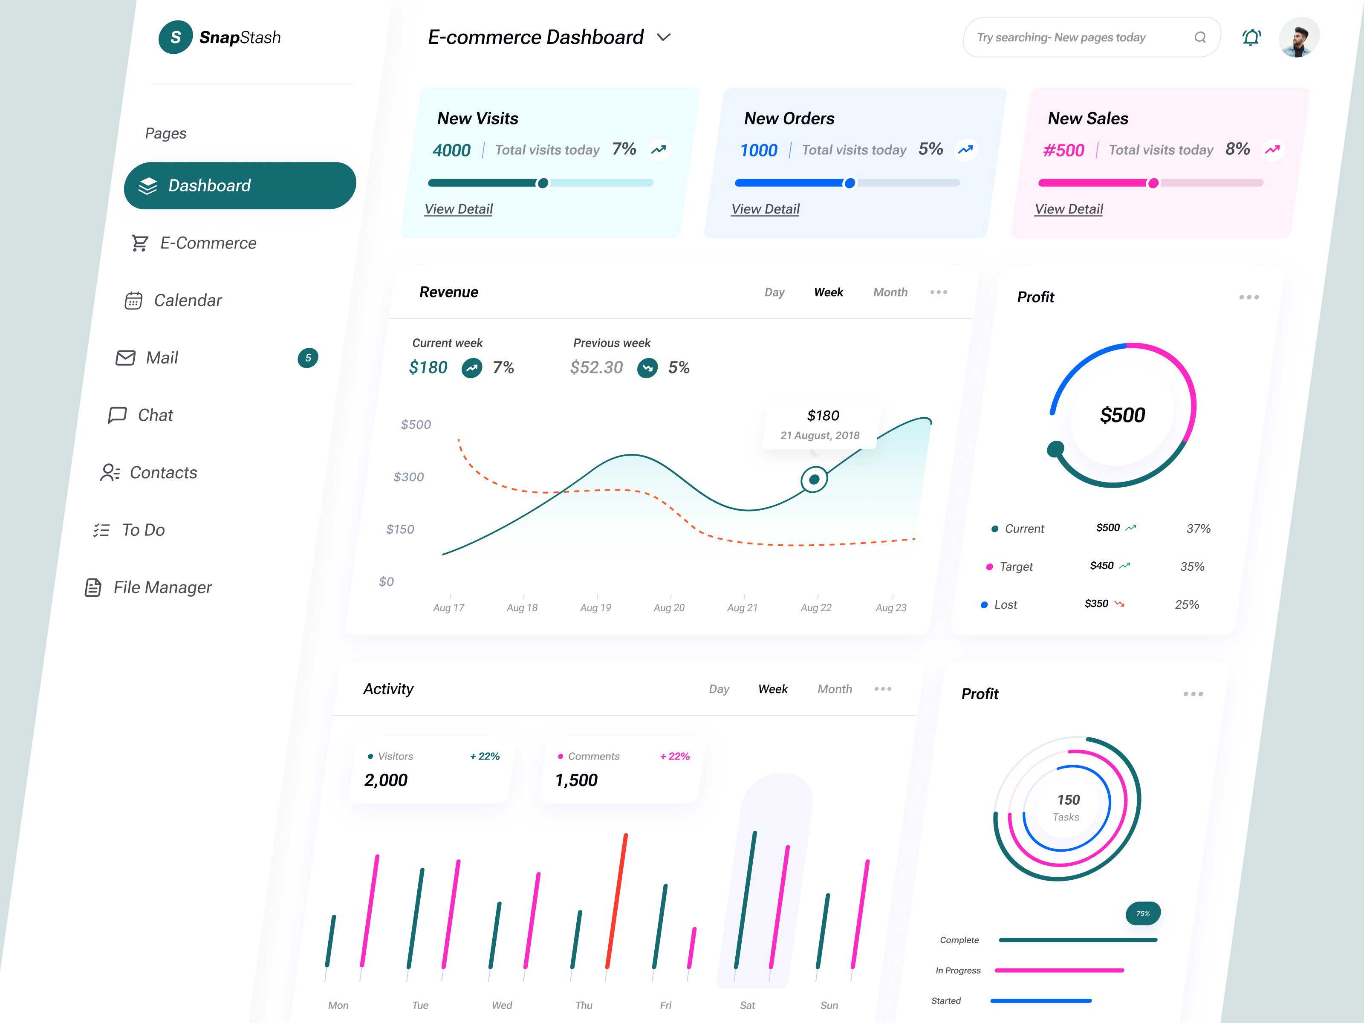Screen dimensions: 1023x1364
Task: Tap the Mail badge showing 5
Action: point(308,358)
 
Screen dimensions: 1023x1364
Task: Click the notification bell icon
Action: point(1251,38)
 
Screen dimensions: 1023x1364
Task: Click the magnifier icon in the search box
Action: point(1199,38)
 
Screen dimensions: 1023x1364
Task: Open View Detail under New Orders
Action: point(765,209)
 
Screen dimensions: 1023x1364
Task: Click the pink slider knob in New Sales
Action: point(1153,183)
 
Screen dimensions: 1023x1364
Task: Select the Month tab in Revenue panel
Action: point(890,292)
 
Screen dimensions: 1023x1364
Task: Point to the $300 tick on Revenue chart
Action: point(408,477)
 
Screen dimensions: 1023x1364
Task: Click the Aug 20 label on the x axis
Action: point(669,607)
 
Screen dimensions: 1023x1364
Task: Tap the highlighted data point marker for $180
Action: point(814,479)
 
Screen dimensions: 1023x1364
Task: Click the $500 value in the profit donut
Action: point(1122,415)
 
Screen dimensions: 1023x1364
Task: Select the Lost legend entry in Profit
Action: point(1005,605)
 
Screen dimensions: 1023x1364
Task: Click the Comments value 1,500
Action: point(576,780)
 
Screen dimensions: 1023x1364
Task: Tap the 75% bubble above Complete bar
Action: point(1143,913)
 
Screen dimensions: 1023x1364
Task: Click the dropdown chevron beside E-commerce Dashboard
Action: point(664,38)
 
